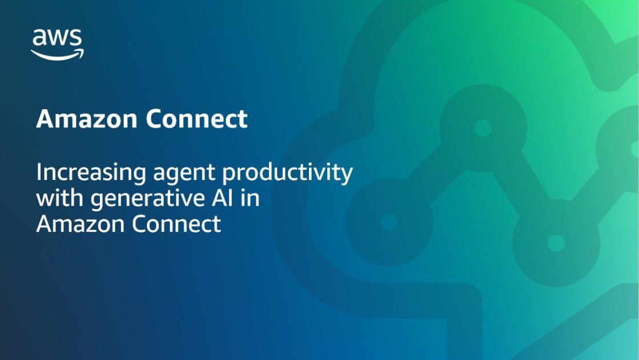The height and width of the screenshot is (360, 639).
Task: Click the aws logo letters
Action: [57, 38]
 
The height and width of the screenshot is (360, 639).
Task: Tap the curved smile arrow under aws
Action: [57, 54]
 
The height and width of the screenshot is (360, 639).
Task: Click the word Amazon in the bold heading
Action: [87, 119]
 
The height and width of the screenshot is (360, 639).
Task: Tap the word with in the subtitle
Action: [55, 198]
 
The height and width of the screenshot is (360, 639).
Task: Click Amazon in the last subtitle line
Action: [80, 223]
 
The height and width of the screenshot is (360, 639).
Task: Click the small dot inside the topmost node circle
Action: [483, 128]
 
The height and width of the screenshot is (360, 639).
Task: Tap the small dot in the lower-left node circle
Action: [389, 222]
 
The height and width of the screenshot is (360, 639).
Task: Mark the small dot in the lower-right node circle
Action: [556, 243]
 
